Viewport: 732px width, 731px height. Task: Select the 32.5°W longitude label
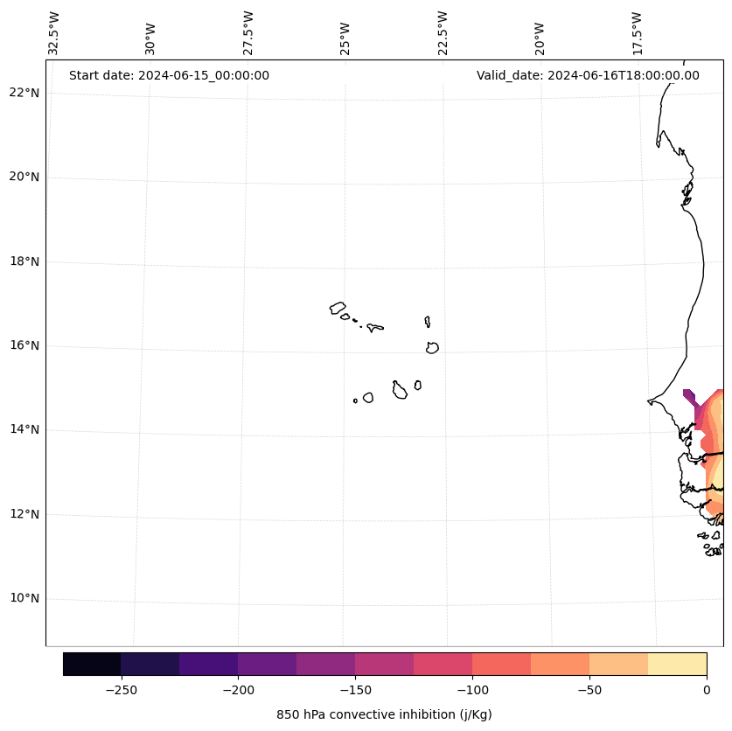tap(54, 33)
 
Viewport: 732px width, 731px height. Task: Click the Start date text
tap(169, 75)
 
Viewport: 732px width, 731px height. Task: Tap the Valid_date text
tap(588, 75)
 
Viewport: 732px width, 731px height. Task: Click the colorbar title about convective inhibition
tap(384, 714)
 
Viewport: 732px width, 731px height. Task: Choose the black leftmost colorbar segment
tap(92, 665)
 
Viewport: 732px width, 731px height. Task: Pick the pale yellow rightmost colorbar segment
tap(677, 665)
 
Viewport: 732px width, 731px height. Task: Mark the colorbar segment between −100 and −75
tap(501, 665)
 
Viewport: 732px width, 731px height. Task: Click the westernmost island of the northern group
tap(338, 308)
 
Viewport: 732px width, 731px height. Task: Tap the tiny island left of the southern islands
tap(355, 400)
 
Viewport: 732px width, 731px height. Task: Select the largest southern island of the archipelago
tap(400, 391)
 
